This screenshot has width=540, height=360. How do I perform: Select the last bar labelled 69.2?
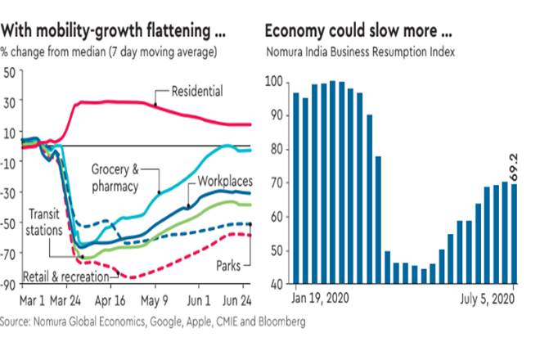(515, 237)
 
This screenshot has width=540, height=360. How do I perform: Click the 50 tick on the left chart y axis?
(11, 72)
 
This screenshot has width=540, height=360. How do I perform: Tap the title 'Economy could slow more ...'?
(358, 32)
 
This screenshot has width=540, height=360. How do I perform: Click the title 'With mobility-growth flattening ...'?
(114, 32)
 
